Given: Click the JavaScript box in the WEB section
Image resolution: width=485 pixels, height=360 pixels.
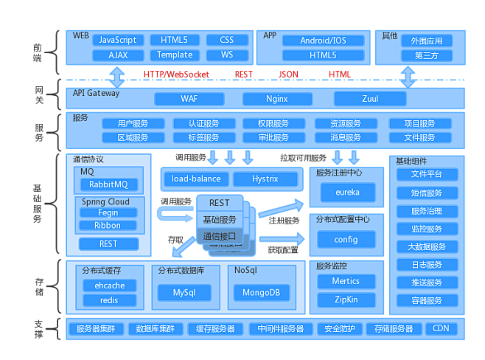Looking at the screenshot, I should coord(118,40).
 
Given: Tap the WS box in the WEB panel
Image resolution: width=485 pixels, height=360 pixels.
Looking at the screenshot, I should coord(226,55).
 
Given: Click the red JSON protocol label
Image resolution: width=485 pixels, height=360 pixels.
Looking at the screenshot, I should coord(288,75).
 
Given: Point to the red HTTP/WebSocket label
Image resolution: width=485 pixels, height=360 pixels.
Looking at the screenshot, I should coord(176,75).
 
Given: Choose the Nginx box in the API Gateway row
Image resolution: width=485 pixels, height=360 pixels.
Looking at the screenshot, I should coord(277,98).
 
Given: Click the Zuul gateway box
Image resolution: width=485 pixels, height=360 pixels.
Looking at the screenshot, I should coord(370,98).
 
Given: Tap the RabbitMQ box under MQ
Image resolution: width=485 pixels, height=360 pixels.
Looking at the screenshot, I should coord(108,184).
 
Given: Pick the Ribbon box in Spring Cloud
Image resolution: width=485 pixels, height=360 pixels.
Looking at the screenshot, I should coord(108,226).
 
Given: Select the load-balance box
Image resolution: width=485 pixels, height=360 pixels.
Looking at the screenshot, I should coord(195,179).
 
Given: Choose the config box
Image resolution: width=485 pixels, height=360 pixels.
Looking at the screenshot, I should coord(346,239).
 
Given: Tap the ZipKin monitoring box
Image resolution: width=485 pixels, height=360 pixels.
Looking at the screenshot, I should coord(346,300).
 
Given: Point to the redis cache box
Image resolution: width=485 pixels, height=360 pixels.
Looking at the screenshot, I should coord(108,300).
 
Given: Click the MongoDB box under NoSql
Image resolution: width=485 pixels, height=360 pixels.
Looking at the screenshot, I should coord(261,293).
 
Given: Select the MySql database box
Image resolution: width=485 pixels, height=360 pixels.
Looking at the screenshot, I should coord(184,293).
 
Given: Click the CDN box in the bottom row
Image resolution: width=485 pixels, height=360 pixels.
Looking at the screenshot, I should coord(441,329).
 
